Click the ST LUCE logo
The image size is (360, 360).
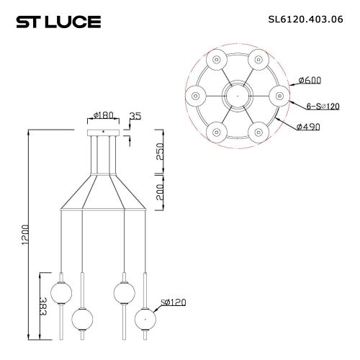click(x=58, y=22)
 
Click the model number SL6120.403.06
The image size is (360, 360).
click(x=306, y=19)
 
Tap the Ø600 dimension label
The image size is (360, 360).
click(x=310, y=80)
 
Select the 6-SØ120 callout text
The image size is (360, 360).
click(x=323, y=106)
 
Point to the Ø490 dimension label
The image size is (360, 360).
click(x=308, y=127)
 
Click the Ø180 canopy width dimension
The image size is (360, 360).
click(x=104, y=115)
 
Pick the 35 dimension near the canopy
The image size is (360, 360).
click(x=135, y=116)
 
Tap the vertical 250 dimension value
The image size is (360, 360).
click(x=160, y=151)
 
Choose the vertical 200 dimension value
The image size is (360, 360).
click(x=160, y=192)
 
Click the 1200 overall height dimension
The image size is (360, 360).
click(x=25, y=235)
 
